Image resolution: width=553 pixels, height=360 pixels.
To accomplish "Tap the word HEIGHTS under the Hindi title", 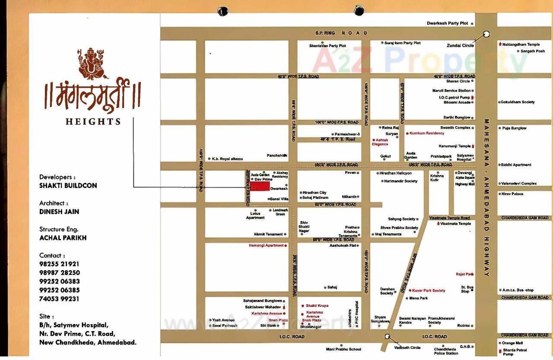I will pos(93,122).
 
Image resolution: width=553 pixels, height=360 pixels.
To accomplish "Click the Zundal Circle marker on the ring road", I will pos(486,34).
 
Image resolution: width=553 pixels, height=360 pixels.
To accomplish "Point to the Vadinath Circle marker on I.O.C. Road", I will pos(387,337).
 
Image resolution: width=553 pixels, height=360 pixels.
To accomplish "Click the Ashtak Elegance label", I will pos(380,142).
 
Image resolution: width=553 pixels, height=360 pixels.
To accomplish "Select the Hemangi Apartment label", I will pos(266,245).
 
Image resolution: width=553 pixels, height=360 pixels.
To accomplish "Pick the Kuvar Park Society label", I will pos(429,291).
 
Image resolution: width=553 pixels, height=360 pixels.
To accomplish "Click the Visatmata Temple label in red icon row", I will pos(455,224).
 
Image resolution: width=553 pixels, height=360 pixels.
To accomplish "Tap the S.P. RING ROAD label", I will pos(341,33).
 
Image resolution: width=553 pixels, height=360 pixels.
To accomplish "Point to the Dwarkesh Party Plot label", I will pos(447,23).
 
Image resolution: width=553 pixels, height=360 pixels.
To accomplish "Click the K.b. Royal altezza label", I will pos(227,159).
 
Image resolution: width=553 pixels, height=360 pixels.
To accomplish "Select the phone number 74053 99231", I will pos(59,299).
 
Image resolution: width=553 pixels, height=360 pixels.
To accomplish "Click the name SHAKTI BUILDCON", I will pos(68,185).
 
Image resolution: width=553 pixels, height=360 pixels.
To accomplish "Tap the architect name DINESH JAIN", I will pos(59,212).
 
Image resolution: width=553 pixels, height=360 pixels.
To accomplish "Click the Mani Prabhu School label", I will pos(343,349).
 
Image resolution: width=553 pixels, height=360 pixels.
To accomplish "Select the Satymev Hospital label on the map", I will pos(465,158).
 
